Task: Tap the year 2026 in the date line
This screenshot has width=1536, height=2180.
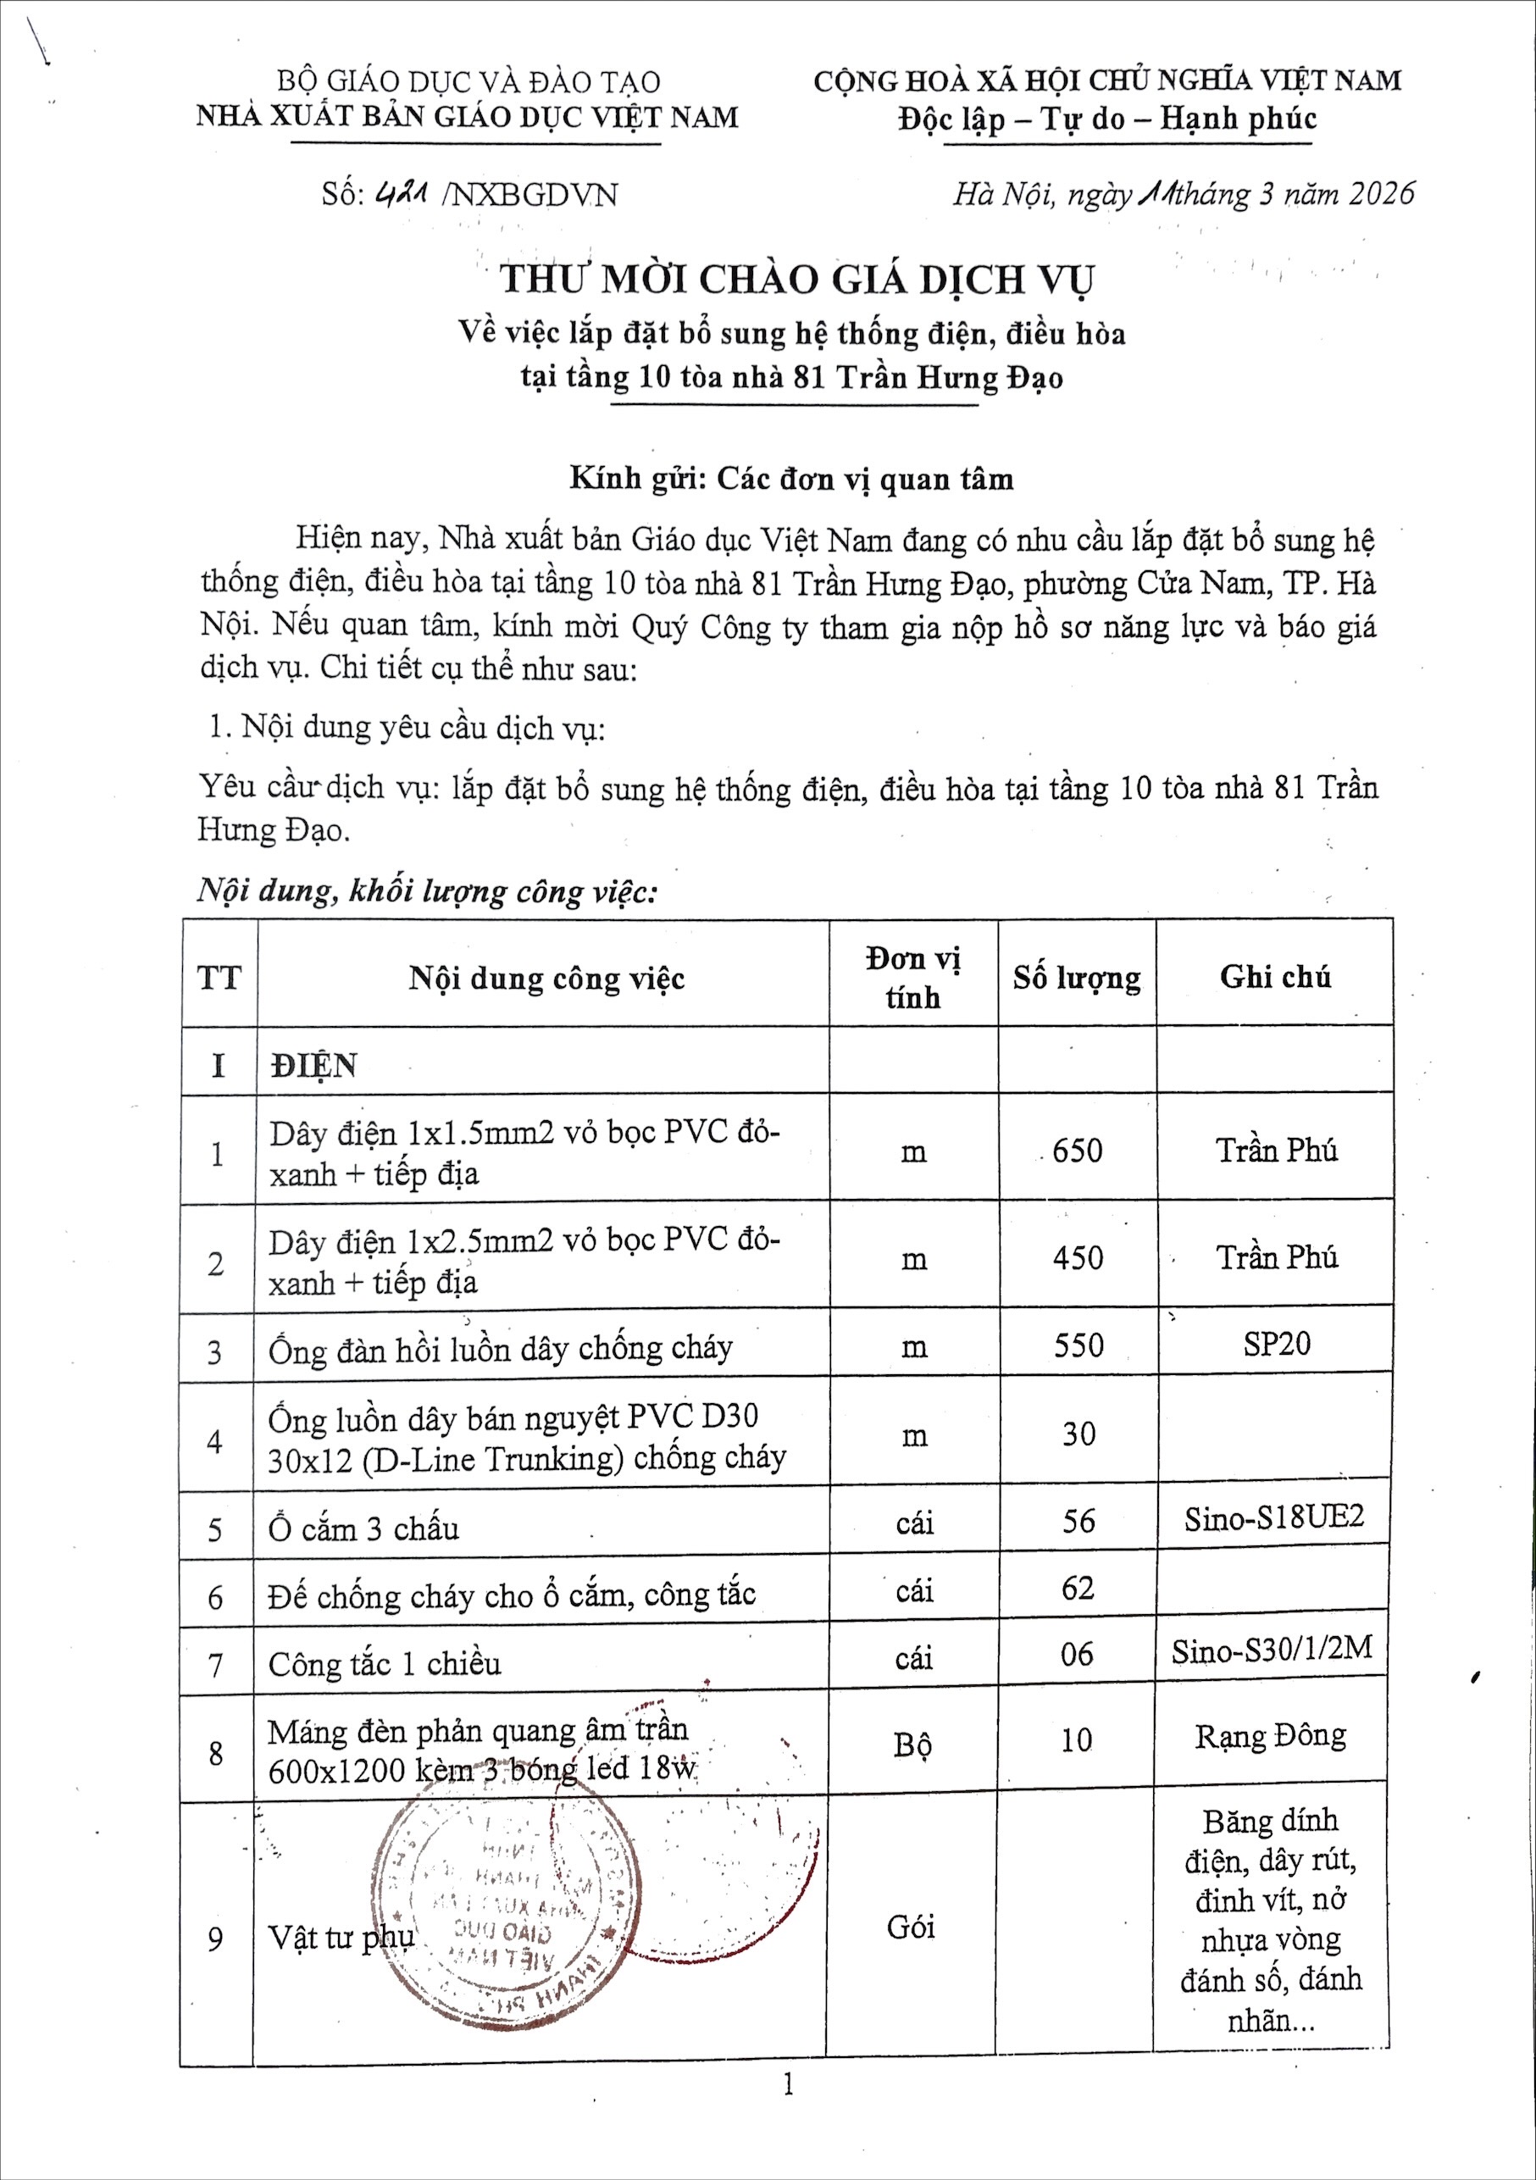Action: coord(1381,194)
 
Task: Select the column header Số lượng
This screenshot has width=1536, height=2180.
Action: coord(1077,977)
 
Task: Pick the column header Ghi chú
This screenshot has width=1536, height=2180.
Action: coord(1275,977)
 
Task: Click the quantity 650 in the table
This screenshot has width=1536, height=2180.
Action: coord(1078,1151)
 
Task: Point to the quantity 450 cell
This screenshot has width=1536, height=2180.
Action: coord(1078,1258)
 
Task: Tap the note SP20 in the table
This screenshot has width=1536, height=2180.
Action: coord(1276,1344)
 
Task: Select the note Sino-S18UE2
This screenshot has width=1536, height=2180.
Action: coord(1273,1517)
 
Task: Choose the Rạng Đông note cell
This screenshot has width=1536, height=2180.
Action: coord(1270,1736)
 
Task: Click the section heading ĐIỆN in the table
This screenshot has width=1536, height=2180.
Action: coord(313,1065)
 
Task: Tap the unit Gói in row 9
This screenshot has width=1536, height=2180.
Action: coord(911,1927)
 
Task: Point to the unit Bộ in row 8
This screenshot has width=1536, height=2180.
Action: coord(912,1745)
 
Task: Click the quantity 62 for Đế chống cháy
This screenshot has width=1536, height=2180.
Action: coord(1078,1588)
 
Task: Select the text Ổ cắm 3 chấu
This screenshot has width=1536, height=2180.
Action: coord(363,1528)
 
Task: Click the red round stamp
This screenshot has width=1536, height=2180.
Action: coord(503,1908)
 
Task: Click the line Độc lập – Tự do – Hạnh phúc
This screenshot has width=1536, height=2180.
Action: coord(1107,119)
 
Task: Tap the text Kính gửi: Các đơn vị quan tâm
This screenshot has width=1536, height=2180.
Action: coord(792,478)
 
